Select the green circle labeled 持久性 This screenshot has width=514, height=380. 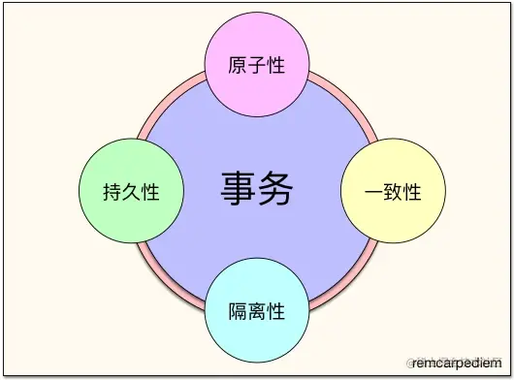click(x=129, y=191)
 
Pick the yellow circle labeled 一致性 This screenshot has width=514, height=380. click(x=393, y=191)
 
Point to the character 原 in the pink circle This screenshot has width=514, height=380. click(x=238, y=66)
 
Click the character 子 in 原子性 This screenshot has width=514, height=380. click(x=257, y=66)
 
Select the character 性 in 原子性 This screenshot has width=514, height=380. click(x=276, y=66)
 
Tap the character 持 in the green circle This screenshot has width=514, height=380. click(x=111, y=191)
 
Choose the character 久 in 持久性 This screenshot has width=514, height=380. click(x=130, y=191)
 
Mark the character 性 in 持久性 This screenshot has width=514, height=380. click(x=149, y=191)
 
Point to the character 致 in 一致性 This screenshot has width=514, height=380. click(x=393, y=191)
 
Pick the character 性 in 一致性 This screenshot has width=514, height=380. click(x=412, y=191)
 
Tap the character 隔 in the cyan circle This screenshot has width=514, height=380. click(x=238, y=311)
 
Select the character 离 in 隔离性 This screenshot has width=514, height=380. click(x=257, y=311)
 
